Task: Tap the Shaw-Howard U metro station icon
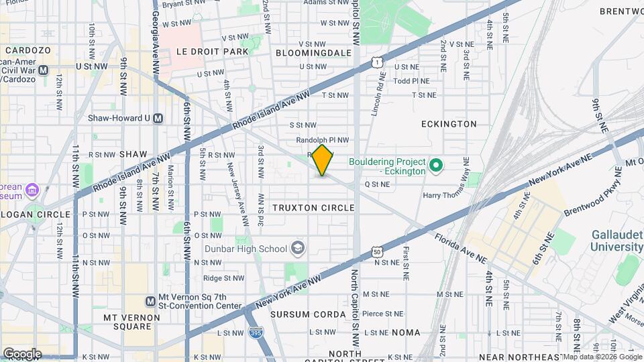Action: point(158,118)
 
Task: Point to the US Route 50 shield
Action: point(378,253)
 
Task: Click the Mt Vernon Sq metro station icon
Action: point(151,301)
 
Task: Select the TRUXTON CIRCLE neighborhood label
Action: point(313,208)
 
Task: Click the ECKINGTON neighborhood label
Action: point(449,124)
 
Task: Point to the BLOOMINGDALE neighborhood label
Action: point(313,52)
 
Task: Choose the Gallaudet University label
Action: point(616,241)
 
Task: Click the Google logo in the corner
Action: point(22,353)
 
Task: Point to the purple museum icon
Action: point(31,191)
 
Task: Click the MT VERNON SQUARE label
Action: point(127,322)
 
